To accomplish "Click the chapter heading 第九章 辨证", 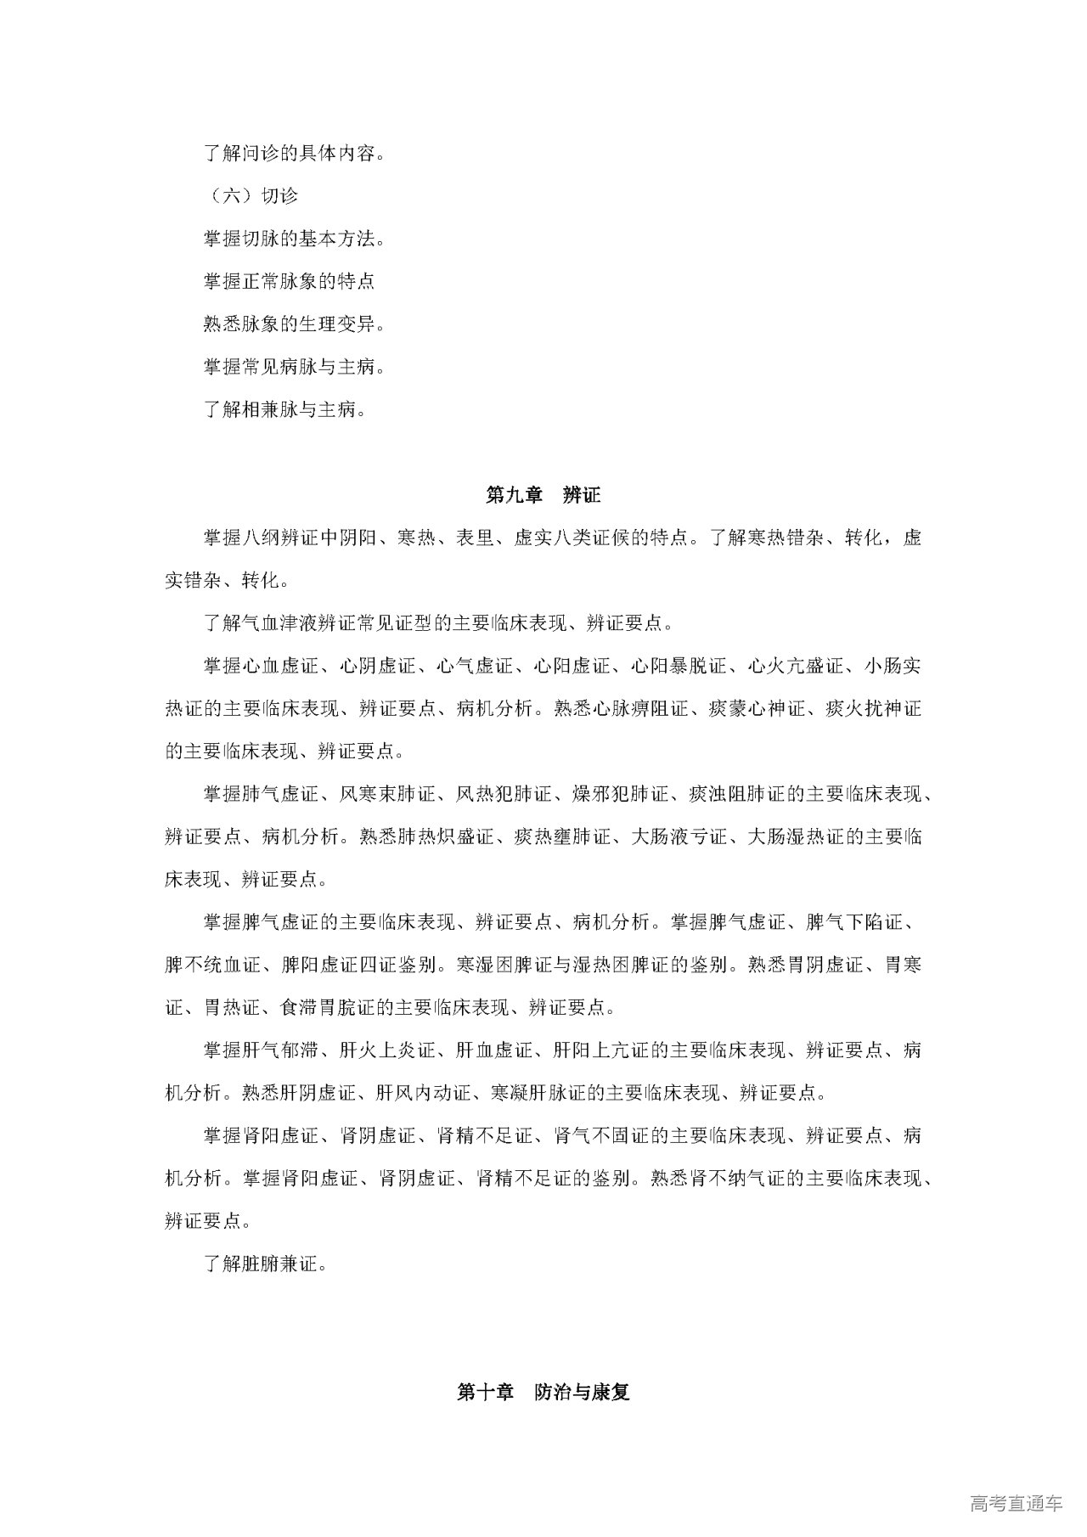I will [543, 495].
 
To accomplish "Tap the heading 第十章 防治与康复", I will [543, 1393].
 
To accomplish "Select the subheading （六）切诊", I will [251, 196].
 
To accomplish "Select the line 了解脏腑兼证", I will [266, 1264].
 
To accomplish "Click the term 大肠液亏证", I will [679, 837].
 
